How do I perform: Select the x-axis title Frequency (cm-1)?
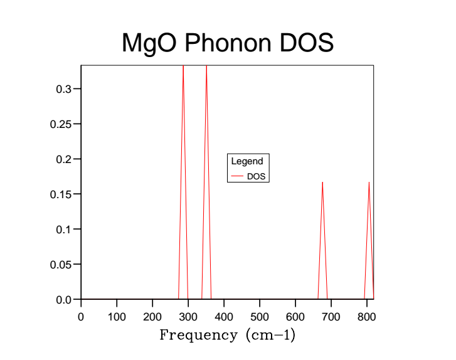tap(227, 335)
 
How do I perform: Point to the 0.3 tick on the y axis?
tap(63, 89)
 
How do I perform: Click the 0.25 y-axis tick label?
tap(61, 124)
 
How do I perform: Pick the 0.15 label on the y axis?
tap(61, 194)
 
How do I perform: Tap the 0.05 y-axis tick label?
tap(61, 265)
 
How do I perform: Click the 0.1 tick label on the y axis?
tap(63, 230)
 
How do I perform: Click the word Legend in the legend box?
tap(247, 162)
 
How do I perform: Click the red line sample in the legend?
tap(236, 177)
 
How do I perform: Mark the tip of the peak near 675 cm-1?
tap(322, 183)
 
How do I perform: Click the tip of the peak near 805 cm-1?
tap(369, 183)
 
